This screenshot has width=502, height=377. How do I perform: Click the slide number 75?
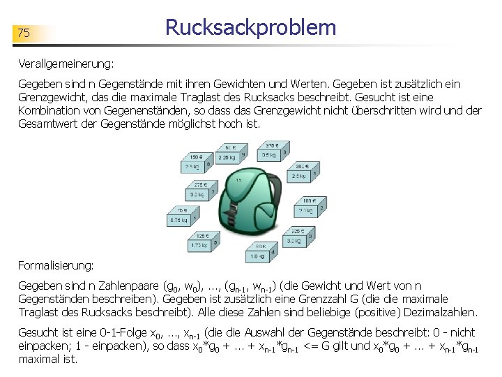pyautogui.click(x=24, y=33)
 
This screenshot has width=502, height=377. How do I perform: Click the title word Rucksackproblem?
pyautogui.click(x=250, y=28)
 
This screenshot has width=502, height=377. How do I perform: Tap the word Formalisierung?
pyautogui.click(x=55, y=265)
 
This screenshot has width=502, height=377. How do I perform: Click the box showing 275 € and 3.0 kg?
pyautogui.click(x=199, y=190)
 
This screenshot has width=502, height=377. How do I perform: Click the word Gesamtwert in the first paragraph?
pyautogui.click(x=47, y=124)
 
